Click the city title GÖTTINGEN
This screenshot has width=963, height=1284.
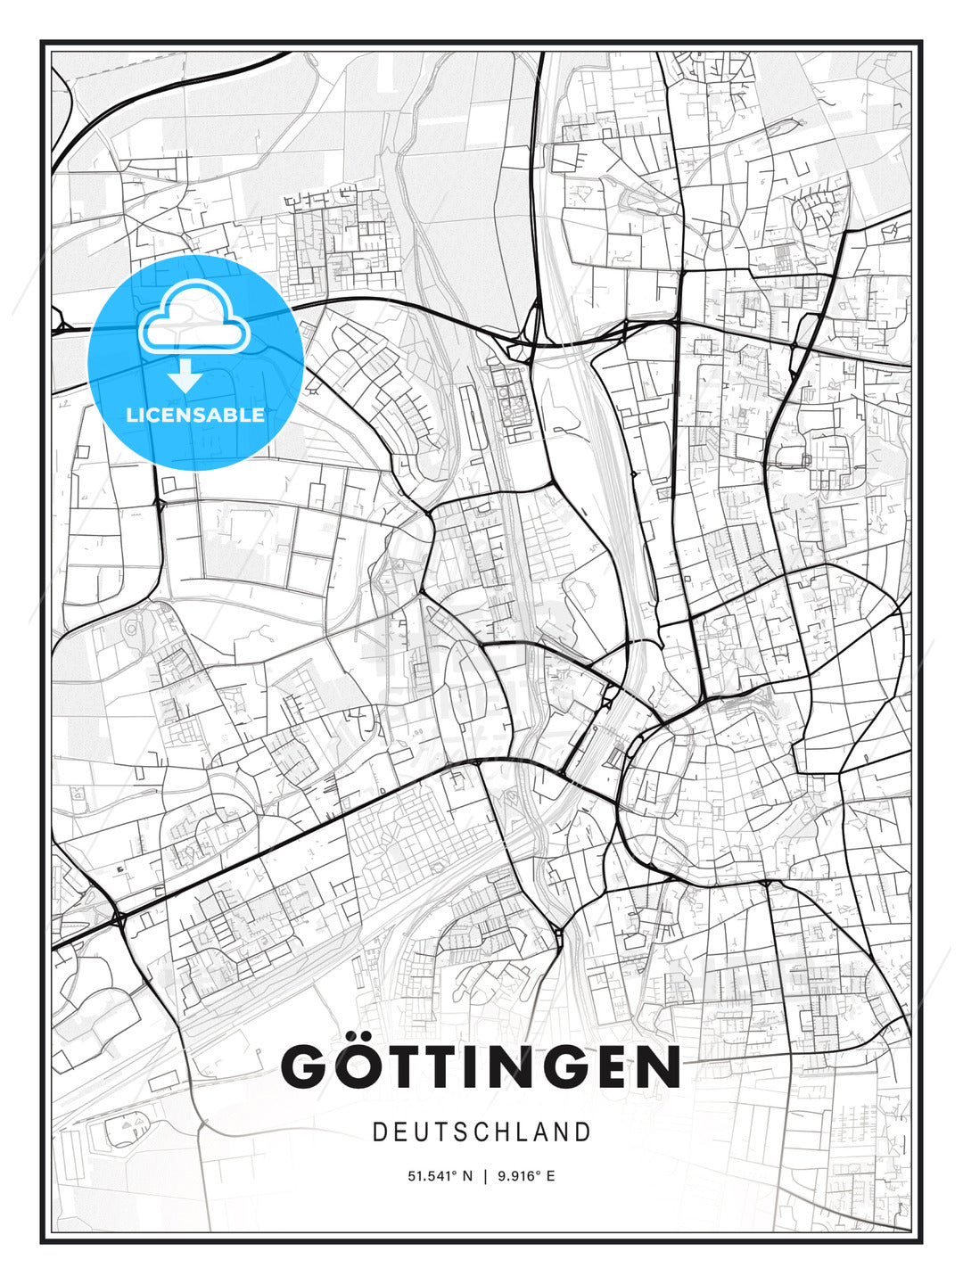[x=481, y=1066]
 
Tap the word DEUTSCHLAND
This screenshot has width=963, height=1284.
[x=481, y=1132]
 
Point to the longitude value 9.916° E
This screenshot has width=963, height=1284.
[x=525, y=1176]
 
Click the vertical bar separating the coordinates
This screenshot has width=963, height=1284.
[x=485, y=1176]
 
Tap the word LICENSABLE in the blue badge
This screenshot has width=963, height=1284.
[x=195, y=415]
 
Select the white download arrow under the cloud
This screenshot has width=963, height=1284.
[x=185, y=375]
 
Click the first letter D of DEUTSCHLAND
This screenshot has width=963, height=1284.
[x=379, y=1132]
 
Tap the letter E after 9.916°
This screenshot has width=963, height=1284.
[x=550, y=1176]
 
